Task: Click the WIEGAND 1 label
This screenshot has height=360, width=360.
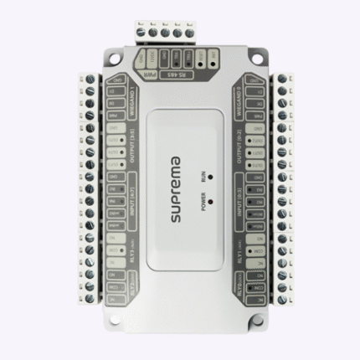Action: (126, 90)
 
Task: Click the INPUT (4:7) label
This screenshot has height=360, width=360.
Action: (126, 204)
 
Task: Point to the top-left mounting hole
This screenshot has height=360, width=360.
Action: (103, 61)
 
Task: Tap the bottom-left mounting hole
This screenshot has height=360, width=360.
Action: (103, 320)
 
